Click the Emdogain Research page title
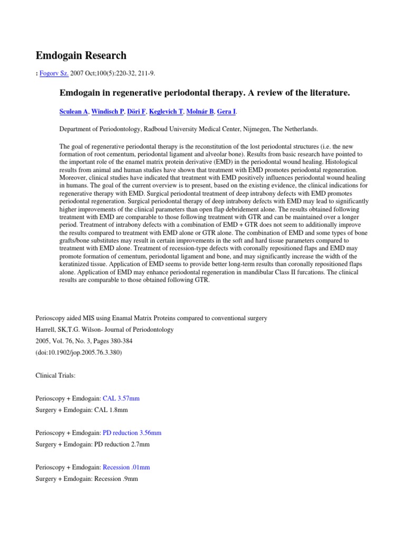point(81,55)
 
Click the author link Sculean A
point(73,111)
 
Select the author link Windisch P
point(108,111)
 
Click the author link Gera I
point(226,111)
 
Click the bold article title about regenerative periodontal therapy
point(205,93)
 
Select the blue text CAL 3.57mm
point(121,398)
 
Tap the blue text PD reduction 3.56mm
point(132,433)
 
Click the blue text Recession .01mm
point(126,468)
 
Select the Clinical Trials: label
point(55,375)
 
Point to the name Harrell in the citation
point(46,329)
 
